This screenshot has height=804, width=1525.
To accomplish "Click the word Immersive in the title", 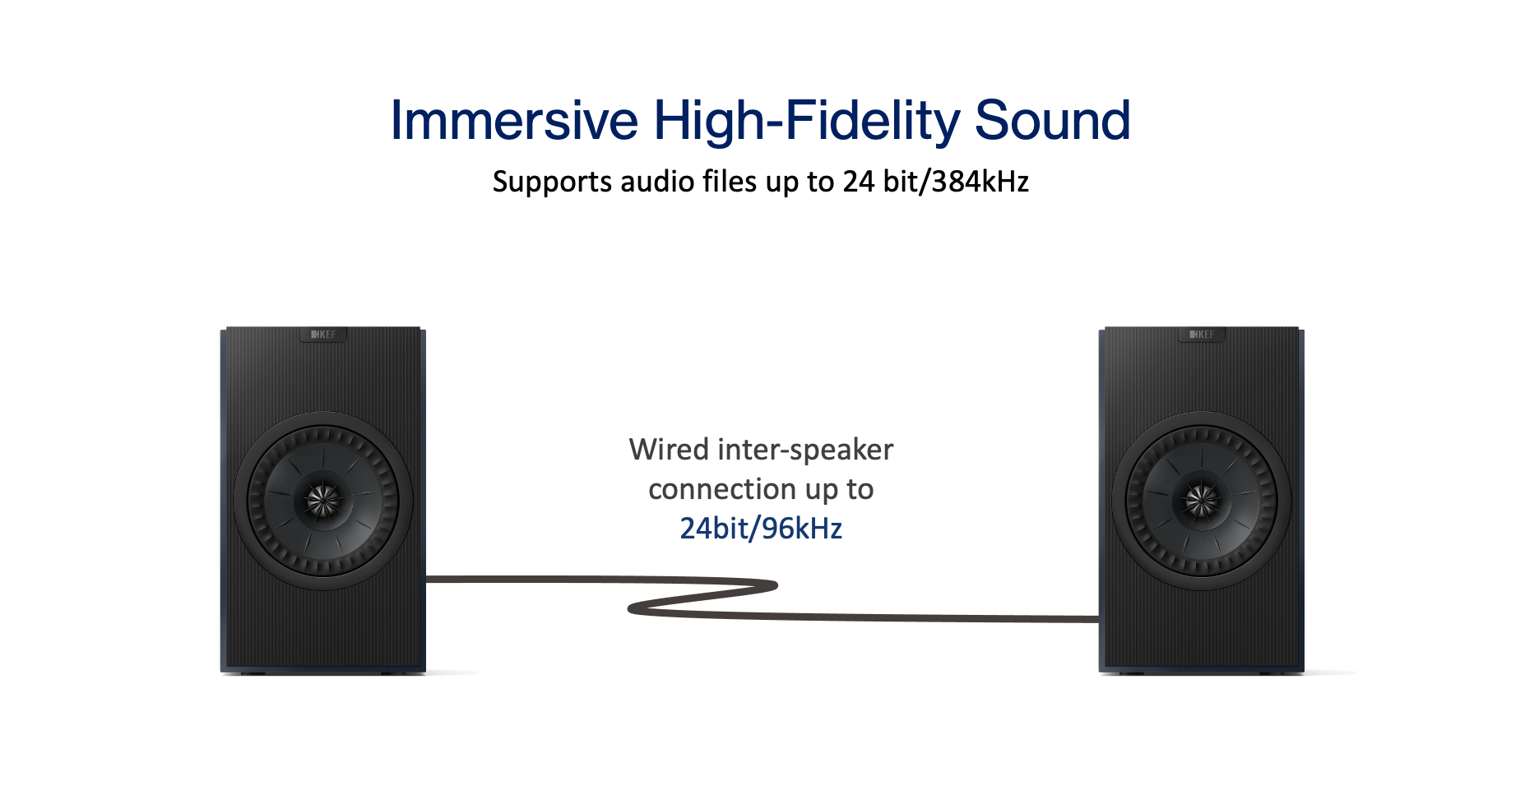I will pos(513,121).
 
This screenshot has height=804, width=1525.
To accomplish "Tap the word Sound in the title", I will pos(1052,121).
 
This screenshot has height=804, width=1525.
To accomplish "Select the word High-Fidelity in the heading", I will pos(806,121).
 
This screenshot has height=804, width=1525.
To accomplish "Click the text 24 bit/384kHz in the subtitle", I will pos(935,182).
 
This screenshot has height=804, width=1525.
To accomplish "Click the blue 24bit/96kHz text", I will pos(761,529).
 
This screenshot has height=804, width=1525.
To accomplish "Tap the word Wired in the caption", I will pos(669,450).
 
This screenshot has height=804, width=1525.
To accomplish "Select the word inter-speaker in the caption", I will pos(805,450).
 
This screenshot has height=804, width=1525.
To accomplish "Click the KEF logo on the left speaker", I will pos(323,335).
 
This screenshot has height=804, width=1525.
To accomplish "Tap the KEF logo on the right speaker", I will pos(1202,335).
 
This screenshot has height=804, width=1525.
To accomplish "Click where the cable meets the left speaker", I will pos(429,579).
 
